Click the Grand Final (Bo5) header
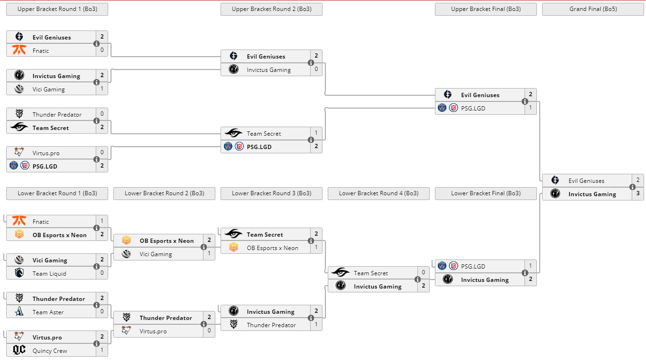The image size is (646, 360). coord(593,9)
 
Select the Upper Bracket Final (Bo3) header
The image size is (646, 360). coord(485,9)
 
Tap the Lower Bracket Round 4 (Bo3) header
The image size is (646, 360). coord(378,193)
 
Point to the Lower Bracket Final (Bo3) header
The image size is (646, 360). coord(485,193)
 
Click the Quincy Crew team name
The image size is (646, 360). coord(50,350)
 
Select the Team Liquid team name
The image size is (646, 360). coord(50,273)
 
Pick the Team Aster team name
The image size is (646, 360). coord(48,312)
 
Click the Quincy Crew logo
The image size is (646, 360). coord(19,350)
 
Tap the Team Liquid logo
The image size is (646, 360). coord(19,273)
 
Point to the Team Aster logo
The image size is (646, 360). coord(19,312)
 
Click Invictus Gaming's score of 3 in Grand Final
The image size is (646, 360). coord(638,194)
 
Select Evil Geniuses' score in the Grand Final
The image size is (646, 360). coord(638,180)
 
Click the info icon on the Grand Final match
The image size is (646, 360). coord(632,187)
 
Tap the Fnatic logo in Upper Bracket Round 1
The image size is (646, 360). coord(19,50)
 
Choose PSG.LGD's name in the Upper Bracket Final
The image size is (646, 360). coord(473,108)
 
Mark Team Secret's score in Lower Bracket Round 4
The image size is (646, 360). coord(424,273)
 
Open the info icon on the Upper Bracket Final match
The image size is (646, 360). coord(525,101)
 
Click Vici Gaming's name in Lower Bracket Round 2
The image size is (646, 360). coord(155,254)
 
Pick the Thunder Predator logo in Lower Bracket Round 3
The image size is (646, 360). coord(233,325)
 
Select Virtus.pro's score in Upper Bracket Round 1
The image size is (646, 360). coord(102,153)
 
